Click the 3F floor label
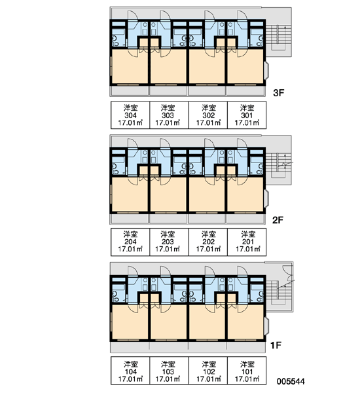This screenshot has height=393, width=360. coord(279,93)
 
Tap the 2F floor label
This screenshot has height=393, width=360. coord(278,220)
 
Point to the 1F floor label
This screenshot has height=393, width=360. coord(276,345)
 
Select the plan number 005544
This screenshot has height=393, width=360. coord(291,381)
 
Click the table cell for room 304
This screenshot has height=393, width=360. coord(130,115)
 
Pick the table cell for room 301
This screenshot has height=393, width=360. coord(247,115)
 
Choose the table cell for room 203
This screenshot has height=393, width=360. coord(169,242)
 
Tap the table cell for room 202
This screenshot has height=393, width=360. coord(208,242)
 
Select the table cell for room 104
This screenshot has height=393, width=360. coord(130,371)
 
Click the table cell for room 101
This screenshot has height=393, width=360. coord(247,371)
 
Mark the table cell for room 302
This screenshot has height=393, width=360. coord(208,115)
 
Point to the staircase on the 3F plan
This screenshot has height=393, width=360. coord(279,37)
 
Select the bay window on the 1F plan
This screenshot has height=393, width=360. coord(266,326)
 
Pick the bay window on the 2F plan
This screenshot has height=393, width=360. coord(266,198)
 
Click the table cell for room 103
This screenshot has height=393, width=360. coord(169,371)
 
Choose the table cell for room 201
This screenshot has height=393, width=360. coord(247,242)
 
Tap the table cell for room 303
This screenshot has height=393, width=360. coord(169,115)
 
